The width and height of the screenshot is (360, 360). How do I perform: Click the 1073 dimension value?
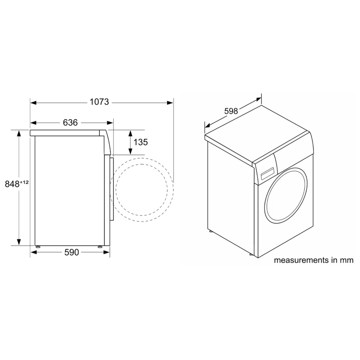tap(99, 102)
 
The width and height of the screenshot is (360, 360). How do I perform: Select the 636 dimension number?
tap(70, 123)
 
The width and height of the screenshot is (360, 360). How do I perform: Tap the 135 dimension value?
tap(141, 142)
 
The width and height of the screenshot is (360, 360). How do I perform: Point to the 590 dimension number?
tap(72, 253)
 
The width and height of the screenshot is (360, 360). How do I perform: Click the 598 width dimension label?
tap(231, 111)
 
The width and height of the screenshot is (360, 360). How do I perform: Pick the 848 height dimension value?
tap(12, 184)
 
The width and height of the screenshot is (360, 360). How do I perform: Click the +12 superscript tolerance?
tap(24, 182)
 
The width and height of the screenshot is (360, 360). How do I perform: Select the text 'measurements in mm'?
tap(314, 260)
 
